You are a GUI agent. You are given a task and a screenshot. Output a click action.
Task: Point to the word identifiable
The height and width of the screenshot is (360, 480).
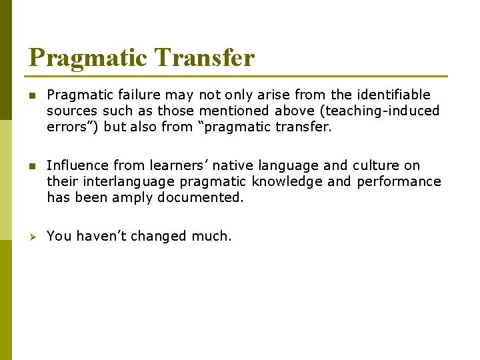click(393, 95)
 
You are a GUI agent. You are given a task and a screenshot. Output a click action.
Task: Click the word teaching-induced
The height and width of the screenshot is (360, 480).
click(383, 111)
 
